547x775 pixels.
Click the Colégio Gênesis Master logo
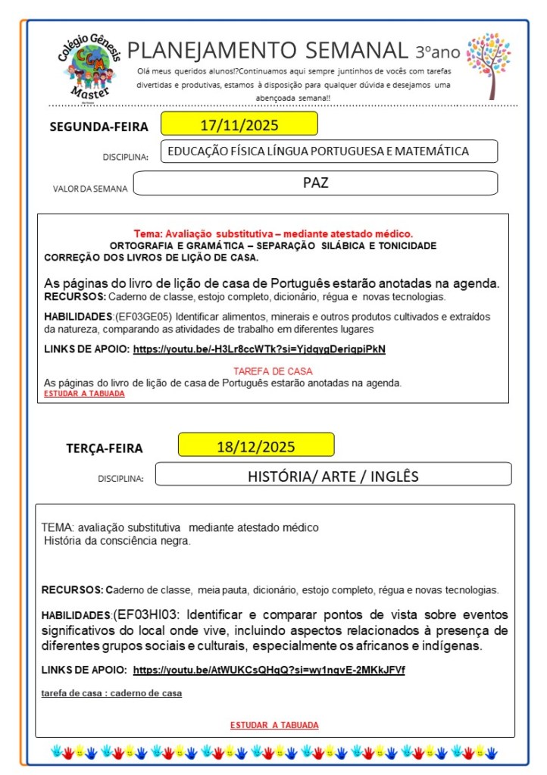[x=86, y=66]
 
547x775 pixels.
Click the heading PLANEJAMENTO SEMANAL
[x=267, y=51]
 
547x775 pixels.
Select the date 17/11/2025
[x=239, y=123]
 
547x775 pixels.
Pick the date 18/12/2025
[x=256, y=445]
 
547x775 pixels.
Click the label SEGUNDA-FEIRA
[x=98, y=127]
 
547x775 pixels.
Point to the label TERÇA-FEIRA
[x=104, y=448]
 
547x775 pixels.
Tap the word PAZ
[x=315, y=183]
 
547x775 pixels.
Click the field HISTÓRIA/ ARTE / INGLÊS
[x=333, y=476]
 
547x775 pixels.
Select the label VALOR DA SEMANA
[x=90, y=189]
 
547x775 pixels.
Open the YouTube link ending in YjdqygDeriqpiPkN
[x=259, y=349]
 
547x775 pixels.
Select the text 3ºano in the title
[x=438, y=52]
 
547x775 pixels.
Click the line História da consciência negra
[x=117, y=541]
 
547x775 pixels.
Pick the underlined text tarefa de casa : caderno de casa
[x=111, y=693]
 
